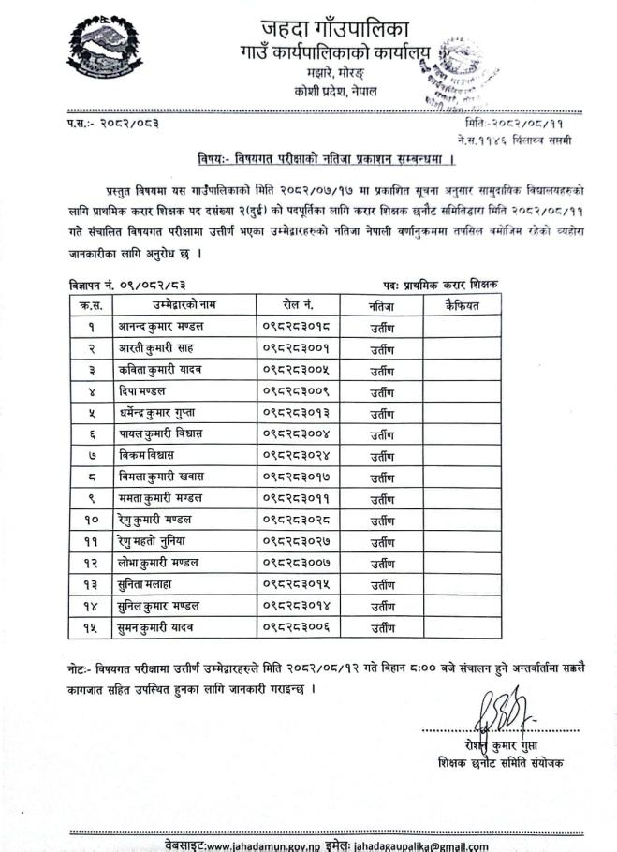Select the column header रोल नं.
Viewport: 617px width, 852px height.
(298, 304)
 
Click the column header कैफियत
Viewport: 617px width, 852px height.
(461, 304)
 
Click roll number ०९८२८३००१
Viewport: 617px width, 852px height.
(296, 348)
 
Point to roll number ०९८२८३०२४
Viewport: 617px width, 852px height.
(296, 454)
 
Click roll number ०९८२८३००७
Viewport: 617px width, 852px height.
(296, 562)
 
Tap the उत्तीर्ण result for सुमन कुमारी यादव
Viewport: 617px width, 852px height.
(381, 626)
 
